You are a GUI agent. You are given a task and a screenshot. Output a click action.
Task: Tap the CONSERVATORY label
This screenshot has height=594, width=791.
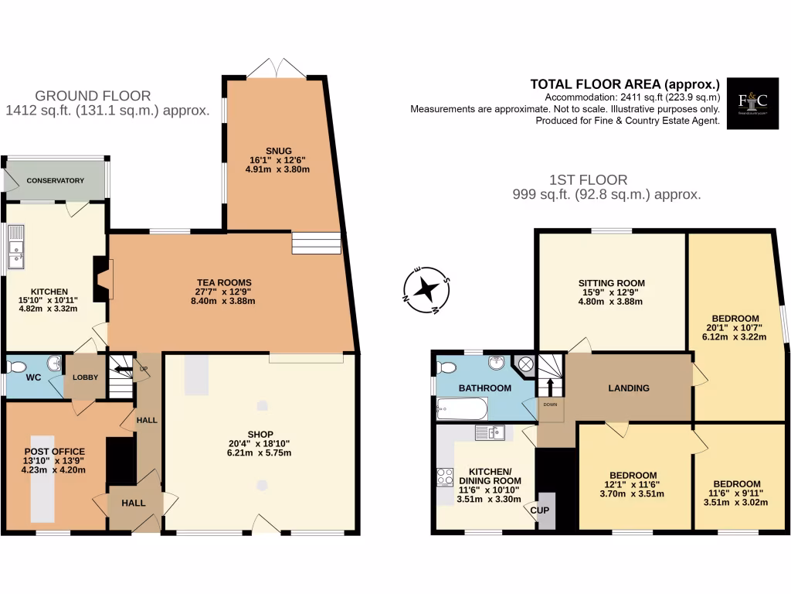[55, 180]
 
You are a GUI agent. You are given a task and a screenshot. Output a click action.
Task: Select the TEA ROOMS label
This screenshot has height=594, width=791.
[223, 282]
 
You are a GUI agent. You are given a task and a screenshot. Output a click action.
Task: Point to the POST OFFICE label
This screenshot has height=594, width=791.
[54, 451]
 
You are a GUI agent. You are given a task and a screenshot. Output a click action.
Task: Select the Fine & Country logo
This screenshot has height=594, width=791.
[752, 101]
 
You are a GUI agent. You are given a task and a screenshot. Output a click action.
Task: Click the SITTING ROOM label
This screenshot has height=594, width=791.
[611, 282]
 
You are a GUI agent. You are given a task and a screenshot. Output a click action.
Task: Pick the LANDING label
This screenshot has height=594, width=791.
[629, 387]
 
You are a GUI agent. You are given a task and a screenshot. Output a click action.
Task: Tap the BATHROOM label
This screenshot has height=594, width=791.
[484, 387]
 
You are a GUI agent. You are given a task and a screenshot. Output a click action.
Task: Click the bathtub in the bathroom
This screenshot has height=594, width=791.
[462, 408]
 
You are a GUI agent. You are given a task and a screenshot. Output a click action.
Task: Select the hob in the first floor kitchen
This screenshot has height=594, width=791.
[445, 477]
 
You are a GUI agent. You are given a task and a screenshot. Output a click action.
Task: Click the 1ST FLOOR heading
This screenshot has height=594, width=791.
[607, 179]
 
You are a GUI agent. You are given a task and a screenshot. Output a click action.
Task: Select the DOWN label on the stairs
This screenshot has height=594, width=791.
[551, 405]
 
